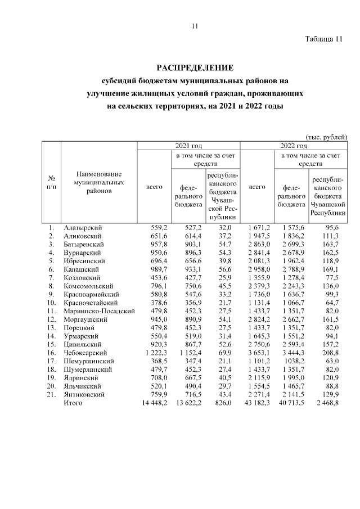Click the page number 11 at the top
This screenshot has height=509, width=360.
coord(195,26)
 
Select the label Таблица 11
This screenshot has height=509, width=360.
coord(323,39)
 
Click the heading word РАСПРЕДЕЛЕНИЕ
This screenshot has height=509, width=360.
coord(195,67)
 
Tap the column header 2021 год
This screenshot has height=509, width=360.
coord(188,146)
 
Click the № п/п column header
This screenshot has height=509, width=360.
coord(51,182)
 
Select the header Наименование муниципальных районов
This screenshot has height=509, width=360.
coord(98,182)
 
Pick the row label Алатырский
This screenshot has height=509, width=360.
coord(82,227)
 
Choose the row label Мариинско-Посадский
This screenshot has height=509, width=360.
coord(100,310)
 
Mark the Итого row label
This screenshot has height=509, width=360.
coord(73,402)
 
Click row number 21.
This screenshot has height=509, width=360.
coord(51,394)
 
